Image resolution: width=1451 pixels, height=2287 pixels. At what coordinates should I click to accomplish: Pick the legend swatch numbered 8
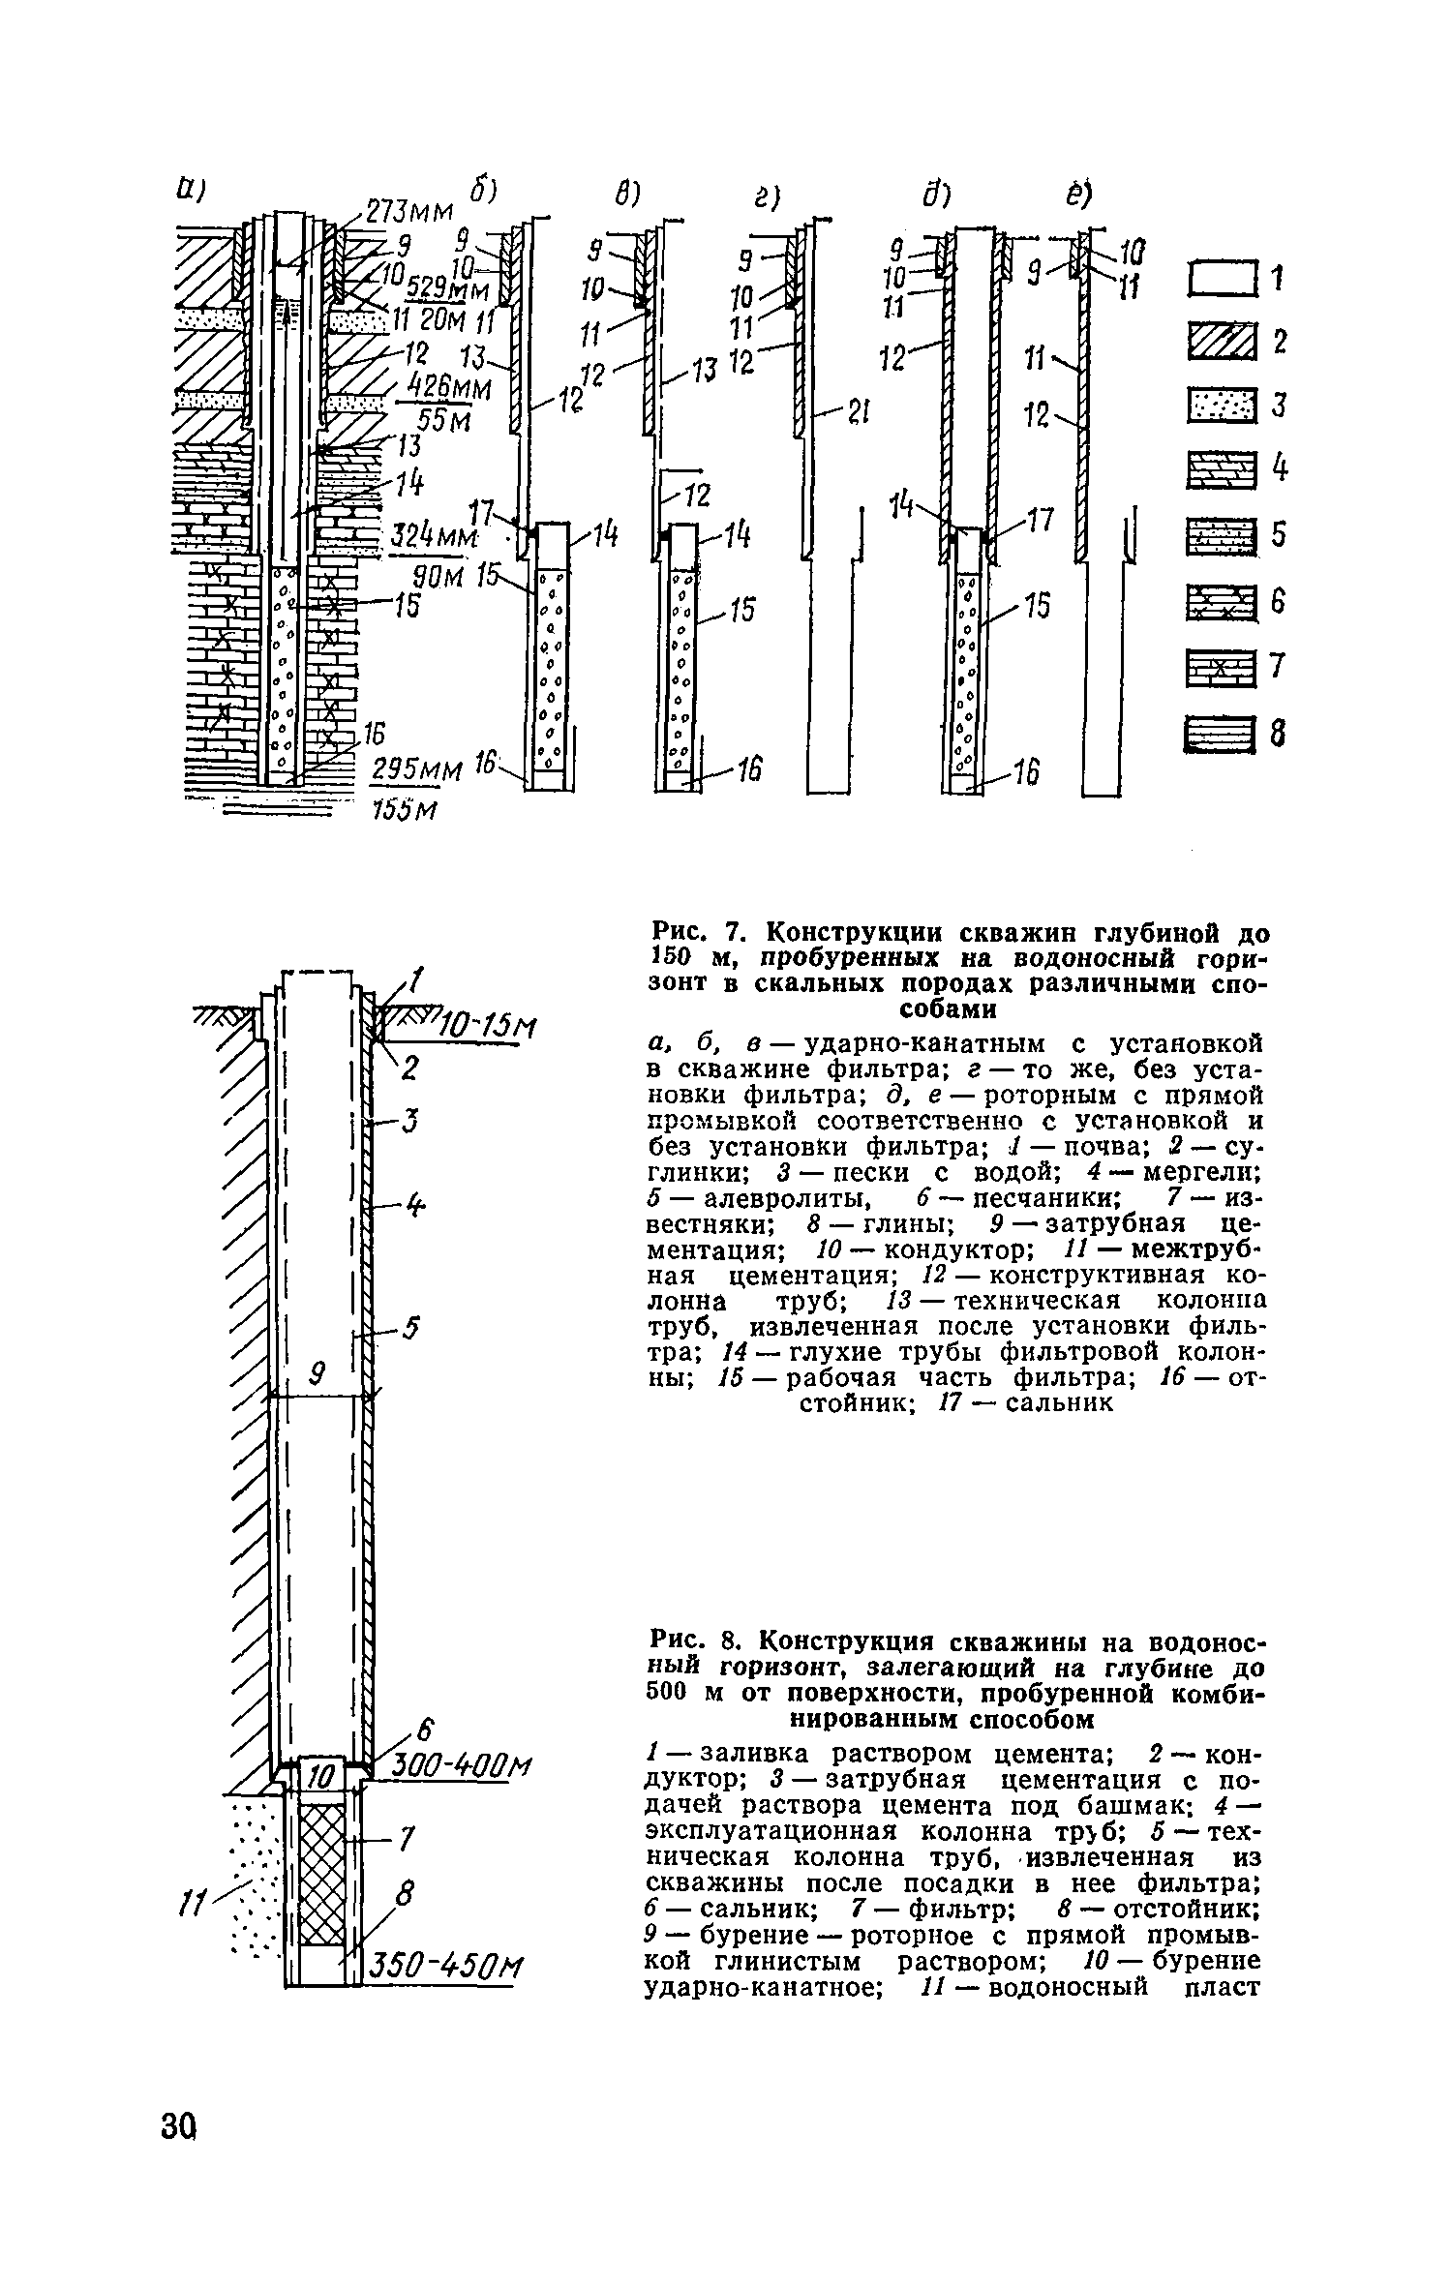tap(1219, 736)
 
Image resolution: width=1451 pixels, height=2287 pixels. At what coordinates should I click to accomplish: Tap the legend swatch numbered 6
tap(1219, 605)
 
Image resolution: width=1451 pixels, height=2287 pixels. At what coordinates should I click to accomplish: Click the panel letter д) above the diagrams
tap(934, 198)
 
